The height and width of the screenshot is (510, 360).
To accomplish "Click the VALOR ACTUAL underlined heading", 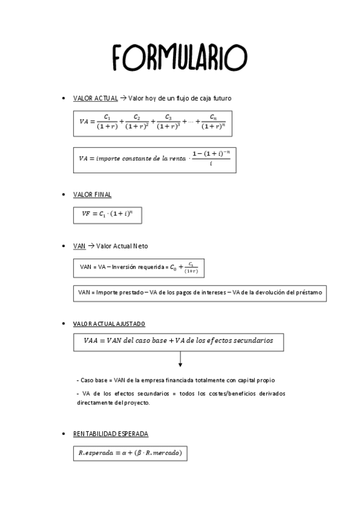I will (x=95, y=98).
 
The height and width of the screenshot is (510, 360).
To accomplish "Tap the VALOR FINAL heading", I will (x=92, y=194).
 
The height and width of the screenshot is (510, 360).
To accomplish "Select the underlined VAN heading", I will (x=79, y=246).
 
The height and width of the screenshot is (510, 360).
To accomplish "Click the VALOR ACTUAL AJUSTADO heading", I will (x=109, y=324).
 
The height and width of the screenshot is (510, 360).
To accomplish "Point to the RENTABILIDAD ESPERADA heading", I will (x=111, y=434).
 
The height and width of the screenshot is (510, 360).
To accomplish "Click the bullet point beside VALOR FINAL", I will (x=64, y=195).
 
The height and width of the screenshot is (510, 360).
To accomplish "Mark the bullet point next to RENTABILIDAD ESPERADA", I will (x=64, y=434).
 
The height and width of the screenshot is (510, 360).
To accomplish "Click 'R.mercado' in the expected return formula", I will (x=160, y=452).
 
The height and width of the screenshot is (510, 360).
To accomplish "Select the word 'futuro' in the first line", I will (x=220, y=98).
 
